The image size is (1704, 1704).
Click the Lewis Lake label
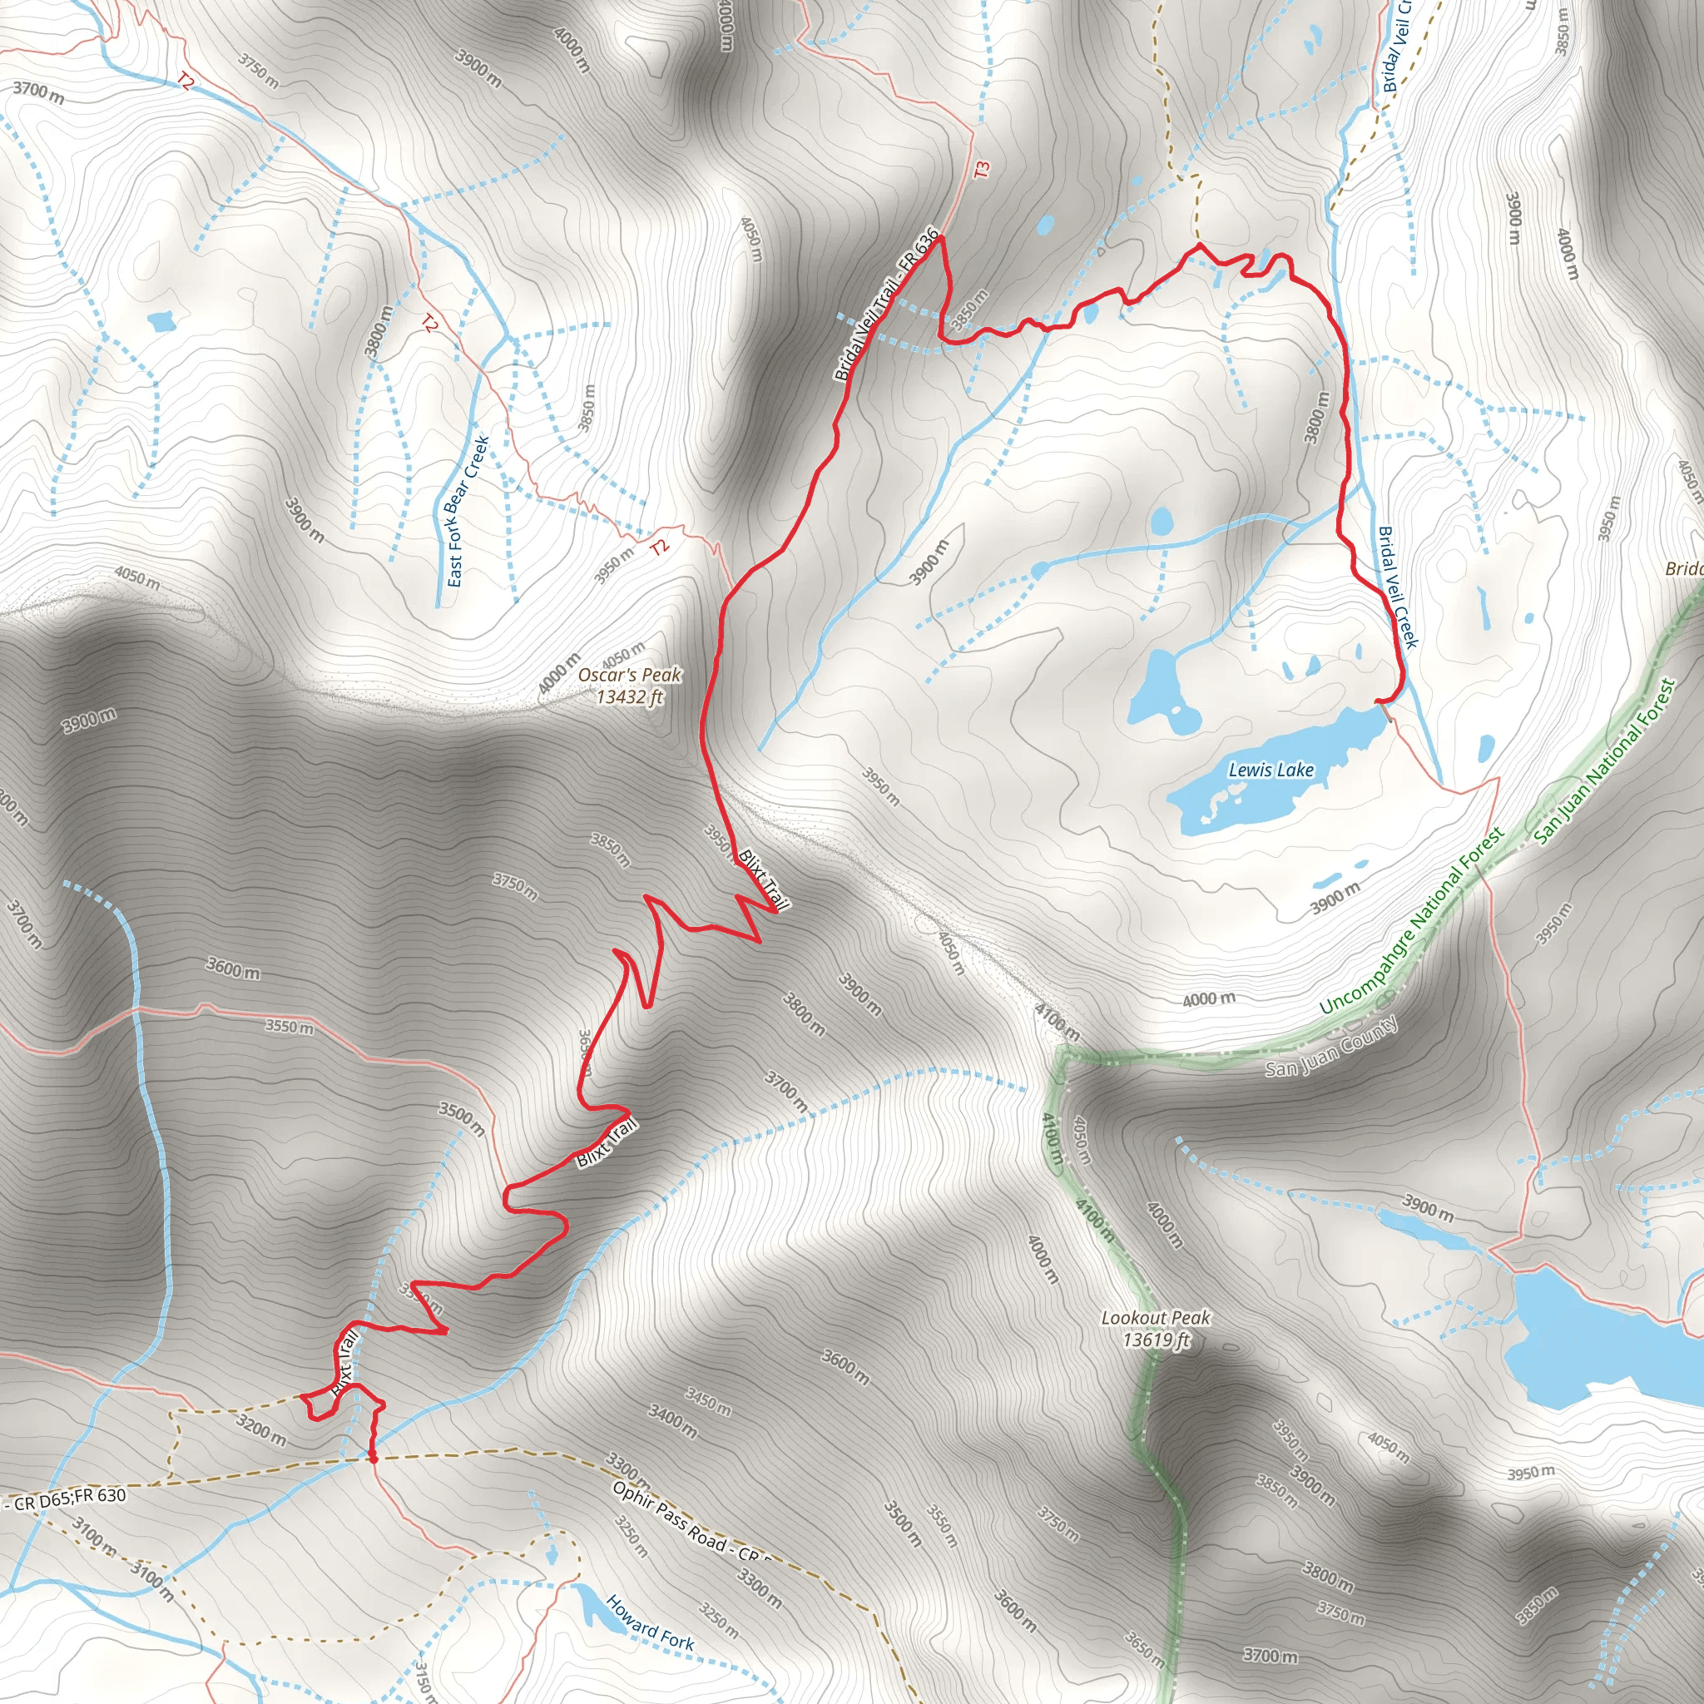pos(1271,770)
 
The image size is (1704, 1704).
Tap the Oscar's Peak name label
pos(630,675)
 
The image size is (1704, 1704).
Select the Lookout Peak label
pos(1156,1318)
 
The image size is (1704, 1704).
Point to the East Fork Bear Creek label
pos(467,511)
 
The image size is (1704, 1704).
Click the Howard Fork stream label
pos(650,1622)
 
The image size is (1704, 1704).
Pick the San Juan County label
pos(1331,1047)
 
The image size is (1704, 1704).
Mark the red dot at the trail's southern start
pos(373,1459)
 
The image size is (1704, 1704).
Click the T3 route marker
pos(983,170)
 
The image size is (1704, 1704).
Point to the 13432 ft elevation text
pos(630,697)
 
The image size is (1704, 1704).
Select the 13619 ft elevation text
pos(1156,1340)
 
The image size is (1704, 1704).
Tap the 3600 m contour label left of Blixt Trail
pos(233,968)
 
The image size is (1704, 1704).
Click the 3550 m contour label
pos(290,1027)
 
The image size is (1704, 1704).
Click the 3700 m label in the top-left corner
pos(38,91)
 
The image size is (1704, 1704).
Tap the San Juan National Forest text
pos(1604,763)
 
